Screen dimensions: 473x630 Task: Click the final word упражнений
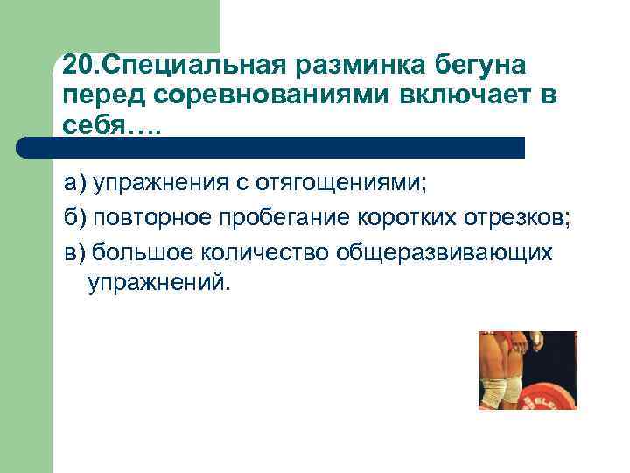pyautogui.click(x=157, y=284)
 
